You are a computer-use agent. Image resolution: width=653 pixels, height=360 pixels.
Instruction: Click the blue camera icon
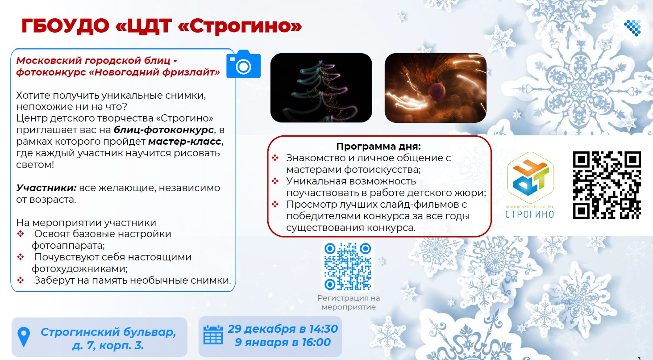(x=243, y=64)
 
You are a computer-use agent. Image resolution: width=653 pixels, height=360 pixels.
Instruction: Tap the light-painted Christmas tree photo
(x=321, y=88)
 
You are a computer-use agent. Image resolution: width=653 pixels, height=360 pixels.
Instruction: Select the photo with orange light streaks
(x=436, y=88)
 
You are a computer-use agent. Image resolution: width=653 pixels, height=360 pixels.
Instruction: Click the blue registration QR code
(x=348, y=266)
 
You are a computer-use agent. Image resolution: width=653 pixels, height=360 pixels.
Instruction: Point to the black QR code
(x=607, y=185)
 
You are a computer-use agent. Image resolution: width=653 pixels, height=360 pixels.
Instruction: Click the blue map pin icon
(x=24, y=337)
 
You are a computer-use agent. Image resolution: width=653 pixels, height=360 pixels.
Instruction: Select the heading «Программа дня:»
(x=378, y=146)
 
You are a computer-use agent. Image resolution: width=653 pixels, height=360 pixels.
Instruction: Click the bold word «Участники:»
(x=46, y=188)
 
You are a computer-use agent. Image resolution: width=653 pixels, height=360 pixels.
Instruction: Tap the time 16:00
(x=316, y=342)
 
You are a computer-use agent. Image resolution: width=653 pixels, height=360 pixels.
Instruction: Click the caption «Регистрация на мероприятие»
(x=349, y=302)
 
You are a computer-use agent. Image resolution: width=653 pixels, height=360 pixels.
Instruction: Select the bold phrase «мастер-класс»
(x=185, y=142)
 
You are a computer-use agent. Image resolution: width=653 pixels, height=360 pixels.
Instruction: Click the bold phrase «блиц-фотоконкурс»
(x=164, y=130)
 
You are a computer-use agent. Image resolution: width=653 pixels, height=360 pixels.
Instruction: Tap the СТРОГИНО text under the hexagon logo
(x=529, y=214)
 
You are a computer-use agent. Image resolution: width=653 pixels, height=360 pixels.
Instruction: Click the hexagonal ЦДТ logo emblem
(x=530, y=178)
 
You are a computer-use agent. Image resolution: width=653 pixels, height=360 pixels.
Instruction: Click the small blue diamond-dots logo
(x=632, y=28)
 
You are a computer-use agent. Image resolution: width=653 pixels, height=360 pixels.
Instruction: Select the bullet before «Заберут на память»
(x=21, y=280)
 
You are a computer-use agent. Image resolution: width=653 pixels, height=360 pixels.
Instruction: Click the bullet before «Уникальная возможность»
(x=275, y=181)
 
